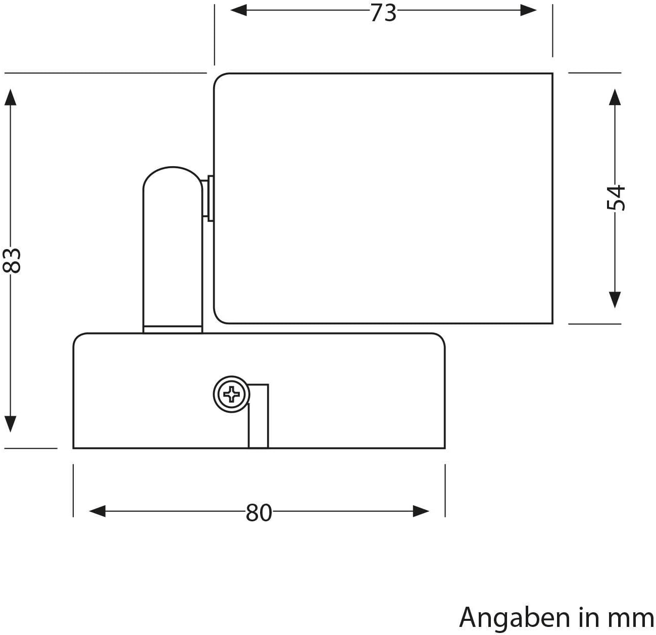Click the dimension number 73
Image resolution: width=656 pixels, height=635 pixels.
click(383, 14)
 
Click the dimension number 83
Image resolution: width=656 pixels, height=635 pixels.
click(12, 260)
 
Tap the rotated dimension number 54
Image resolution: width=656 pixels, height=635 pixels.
click(616, 198)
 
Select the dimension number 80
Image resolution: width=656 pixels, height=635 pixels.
click(259, 513)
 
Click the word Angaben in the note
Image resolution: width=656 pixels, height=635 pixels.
click(515, 618)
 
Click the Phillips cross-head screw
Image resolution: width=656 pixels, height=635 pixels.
click(232, 394)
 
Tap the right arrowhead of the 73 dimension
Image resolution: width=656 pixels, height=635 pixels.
click(528, 10)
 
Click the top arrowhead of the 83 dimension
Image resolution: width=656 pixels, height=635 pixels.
click(11, 97)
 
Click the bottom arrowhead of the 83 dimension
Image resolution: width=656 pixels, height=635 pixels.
click(11, 424)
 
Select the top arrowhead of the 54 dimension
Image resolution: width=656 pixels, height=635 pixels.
click(615, 97)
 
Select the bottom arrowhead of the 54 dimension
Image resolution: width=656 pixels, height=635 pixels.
click(615, 300)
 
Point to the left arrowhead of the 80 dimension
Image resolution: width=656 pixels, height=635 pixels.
click(97, 511)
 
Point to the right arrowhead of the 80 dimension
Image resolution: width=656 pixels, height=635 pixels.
click(421, 511)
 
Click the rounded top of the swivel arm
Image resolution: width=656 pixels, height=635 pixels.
click(173, 168)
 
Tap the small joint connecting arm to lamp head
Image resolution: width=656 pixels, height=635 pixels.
click(208, 199)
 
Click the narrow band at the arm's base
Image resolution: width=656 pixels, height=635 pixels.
click(173, 329)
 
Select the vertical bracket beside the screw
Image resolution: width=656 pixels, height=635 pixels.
click(259, 416)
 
